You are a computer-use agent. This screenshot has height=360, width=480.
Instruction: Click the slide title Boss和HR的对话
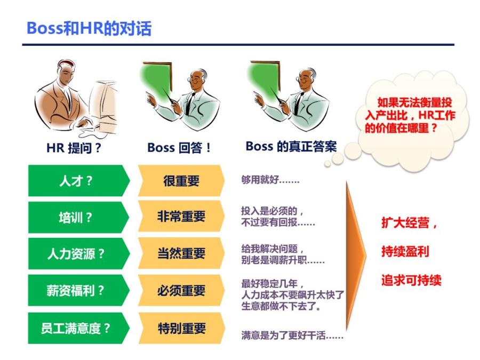point(89,28)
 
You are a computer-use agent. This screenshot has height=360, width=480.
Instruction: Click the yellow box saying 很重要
point(181,181)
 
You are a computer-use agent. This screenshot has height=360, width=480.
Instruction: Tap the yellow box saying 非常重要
point(181,217)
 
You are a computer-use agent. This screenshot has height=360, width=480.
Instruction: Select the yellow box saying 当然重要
point(181,254)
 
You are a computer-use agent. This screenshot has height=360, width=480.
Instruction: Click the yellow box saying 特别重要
point(181,328)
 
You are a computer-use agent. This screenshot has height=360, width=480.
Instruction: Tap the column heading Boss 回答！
point(179,148)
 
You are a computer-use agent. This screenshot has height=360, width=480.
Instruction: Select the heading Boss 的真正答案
point(291,147)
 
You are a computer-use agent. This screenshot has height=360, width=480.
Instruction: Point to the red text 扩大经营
point(409,223)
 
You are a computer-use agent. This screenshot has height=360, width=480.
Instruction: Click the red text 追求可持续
point(411,280)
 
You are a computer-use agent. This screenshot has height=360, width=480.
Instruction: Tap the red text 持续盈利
point(405,251)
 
